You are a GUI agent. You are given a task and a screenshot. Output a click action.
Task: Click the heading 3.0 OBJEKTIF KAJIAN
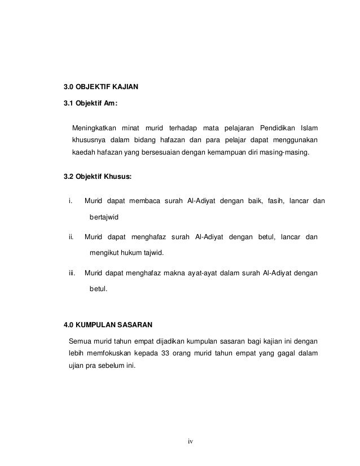(100, 87)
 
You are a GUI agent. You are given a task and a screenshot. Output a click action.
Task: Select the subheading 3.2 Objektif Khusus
(97, 177)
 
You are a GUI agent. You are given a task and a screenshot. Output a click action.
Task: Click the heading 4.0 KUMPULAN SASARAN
(107, 325)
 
